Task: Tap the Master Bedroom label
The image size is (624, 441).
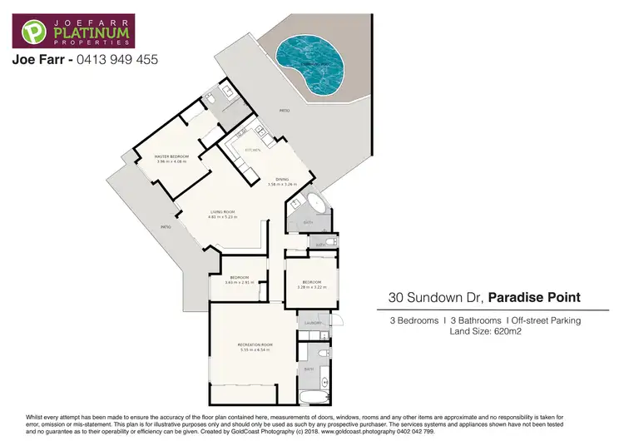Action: (172, 156)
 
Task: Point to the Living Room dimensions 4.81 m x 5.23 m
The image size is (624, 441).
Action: (222, 218)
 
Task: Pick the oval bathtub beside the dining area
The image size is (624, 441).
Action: (316, 206)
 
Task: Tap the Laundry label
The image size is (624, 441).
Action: (313, 321)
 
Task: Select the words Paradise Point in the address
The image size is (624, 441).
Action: (533, 296)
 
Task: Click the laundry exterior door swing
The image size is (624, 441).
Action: (337, 320)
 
